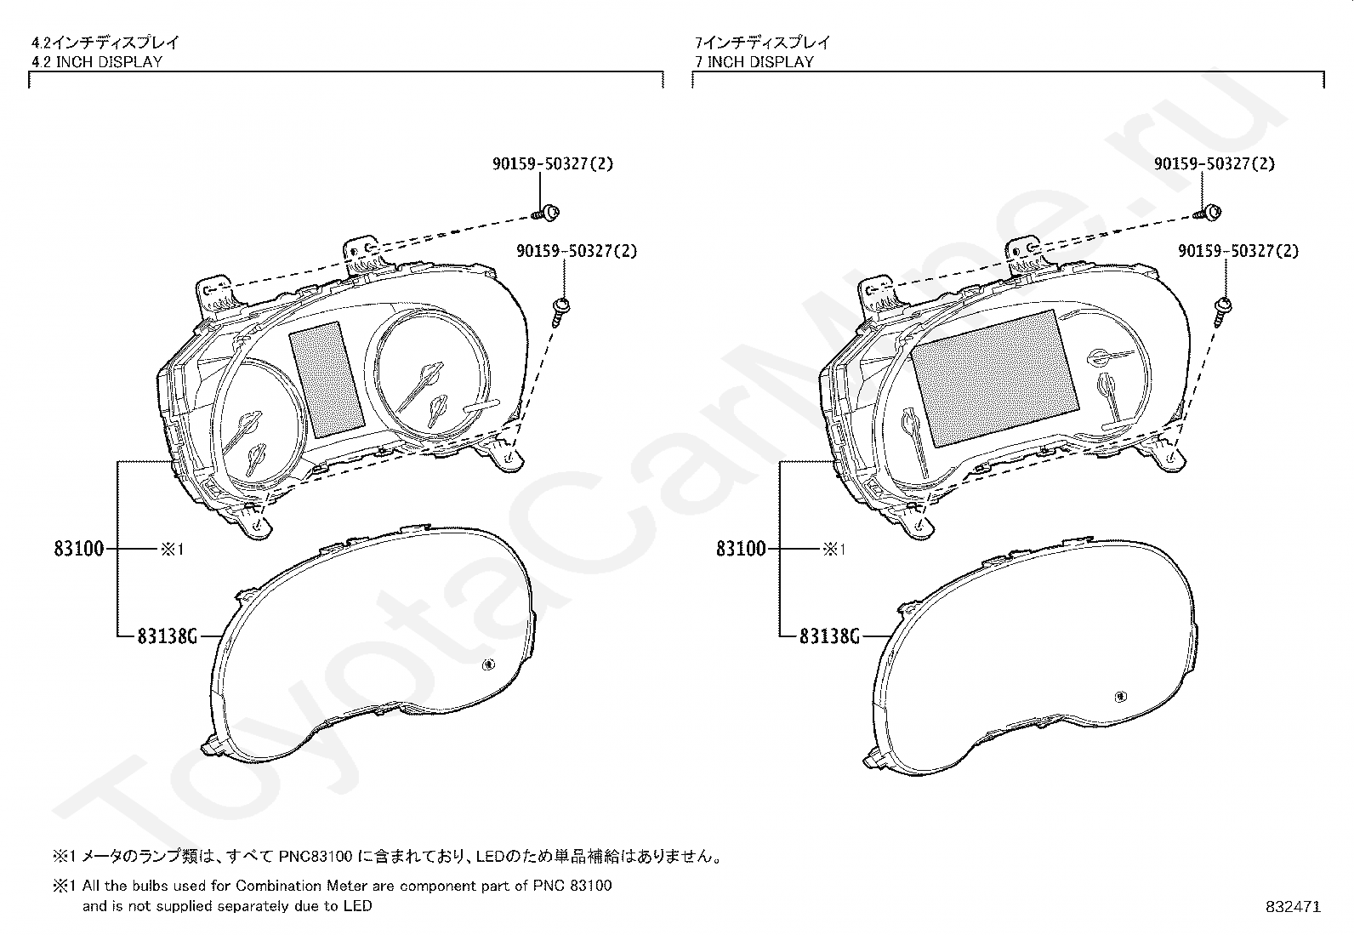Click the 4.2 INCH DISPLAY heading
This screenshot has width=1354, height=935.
[96, 61]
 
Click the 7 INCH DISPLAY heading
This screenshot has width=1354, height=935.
[754, 61]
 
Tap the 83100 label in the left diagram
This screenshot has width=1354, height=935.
[79, 549]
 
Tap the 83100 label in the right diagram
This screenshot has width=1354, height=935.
[741, 549]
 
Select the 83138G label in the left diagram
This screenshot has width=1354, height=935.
[167, 636]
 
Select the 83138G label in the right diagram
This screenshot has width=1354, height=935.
[829, 636]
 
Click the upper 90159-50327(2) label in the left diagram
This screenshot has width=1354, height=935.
[552, 163]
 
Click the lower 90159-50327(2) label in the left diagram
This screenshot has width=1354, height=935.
[577, 251]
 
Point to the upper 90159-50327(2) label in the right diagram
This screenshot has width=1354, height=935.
[1214, 163]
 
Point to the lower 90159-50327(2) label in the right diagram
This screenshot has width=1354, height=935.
[1238, 251]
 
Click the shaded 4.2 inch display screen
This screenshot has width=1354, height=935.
[327, 378]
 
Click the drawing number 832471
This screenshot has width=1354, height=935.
[1293, 907]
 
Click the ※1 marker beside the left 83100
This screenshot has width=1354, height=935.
[172, 550]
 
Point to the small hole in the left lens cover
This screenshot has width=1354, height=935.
[489, 665]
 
